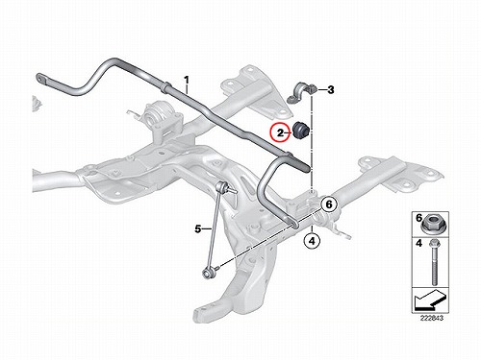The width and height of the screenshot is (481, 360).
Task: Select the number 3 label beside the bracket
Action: (x=330, y=90)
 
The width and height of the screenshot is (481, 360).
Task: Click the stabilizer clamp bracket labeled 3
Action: (x=301, y=92)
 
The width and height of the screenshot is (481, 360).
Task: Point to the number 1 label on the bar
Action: (x=187, y=80)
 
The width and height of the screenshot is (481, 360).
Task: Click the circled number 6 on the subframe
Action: (x=329, y=204)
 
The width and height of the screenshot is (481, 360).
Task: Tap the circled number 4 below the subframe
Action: (x=312, y=241)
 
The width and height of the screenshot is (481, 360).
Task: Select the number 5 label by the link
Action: (x=198, y=229)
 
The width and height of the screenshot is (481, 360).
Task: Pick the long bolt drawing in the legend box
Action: (x=434, y=262)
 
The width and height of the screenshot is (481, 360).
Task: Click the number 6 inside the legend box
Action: (x=418, y=218)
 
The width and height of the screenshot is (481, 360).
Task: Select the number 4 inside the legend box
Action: (x=418, y=244)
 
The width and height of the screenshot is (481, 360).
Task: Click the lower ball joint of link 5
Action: (x=207, y=273)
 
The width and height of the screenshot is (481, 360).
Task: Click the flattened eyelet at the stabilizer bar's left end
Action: (x=41, y=79)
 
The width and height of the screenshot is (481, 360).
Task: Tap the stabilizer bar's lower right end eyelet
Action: (x=294, y=224)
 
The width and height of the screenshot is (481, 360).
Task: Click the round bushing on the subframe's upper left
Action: (x=157, y=114)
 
